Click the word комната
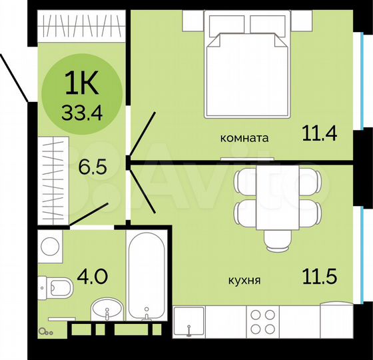tap(244, 139)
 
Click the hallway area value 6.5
tap(91, 166)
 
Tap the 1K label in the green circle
tap(82, 86)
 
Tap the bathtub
tap(147, 277)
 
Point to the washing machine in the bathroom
tap(51, 247)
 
